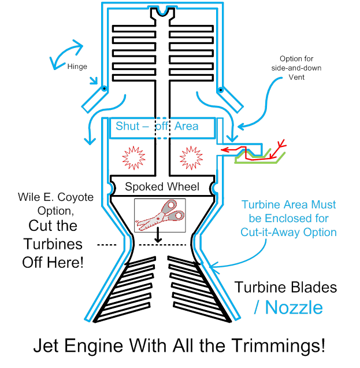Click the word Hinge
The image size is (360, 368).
[77, 67]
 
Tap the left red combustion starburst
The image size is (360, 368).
[132, 157]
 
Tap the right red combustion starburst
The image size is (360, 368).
[191, 157]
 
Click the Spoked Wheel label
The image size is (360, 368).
[162, 187]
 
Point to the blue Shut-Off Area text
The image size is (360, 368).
[157, 126]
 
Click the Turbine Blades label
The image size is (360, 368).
[285, 287]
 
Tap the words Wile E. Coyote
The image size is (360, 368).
[55, 197]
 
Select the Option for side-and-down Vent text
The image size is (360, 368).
[296, 68]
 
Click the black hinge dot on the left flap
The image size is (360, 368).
[104, 89]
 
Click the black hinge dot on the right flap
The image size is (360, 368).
[220, 89]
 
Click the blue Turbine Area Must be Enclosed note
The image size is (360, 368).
[289, 218]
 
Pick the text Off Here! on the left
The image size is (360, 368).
[53, 261]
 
